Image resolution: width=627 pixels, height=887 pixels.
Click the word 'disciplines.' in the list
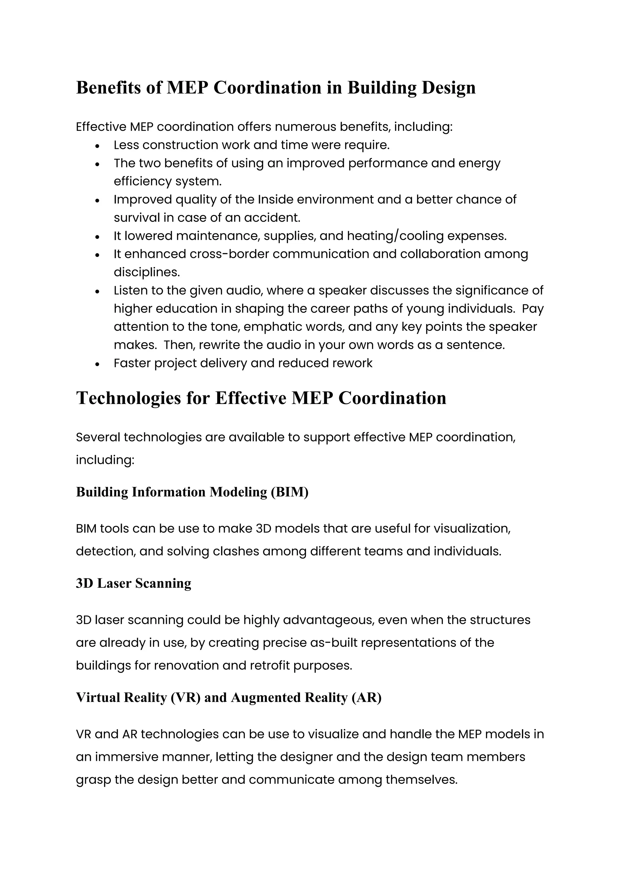click(x=147, y=272)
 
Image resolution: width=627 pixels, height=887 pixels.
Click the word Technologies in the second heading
click(x=129, y=398)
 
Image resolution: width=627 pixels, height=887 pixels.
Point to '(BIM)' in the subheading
click(x=290, y=492)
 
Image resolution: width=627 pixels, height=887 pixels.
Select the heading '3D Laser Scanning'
click(x=133, y=583)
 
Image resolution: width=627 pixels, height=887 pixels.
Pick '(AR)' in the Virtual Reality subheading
click(x=366, y=697)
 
